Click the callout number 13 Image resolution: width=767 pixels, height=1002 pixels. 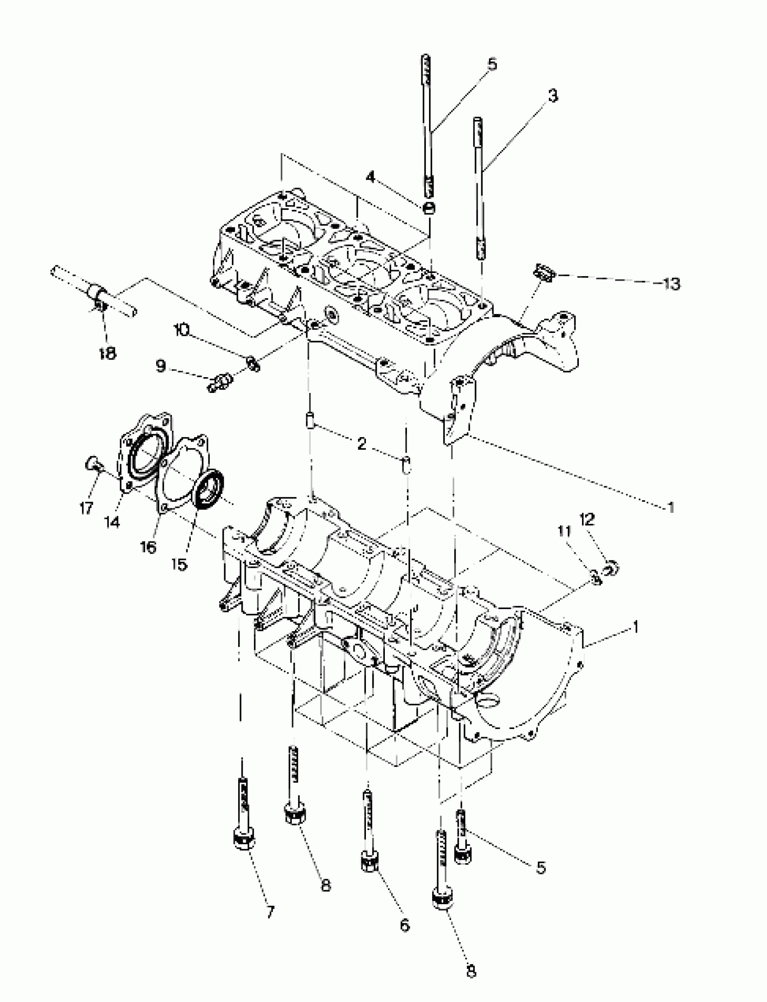(672, 284)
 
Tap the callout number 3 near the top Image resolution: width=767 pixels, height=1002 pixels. (553, 96)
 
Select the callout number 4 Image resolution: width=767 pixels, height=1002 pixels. (371, 177)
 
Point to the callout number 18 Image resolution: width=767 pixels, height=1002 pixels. (108, 353)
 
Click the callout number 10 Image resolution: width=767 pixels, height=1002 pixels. (182, 330)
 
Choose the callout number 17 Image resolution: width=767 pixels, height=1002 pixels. (86, 508)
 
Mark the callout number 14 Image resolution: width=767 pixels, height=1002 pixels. (112, 522)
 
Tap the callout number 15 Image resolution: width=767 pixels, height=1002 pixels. (180, 565)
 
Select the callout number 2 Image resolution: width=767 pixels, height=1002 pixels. (362, 444)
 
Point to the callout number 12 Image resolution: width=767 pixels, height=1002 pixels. (587, 519)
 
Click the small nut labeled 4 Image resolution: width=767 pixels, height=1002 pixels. (430, 208)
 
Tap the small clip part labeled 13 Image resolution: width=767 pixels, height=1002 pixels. (544, 274)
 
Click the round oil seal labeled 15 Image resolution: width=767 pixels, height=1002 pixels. (209, 490)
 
